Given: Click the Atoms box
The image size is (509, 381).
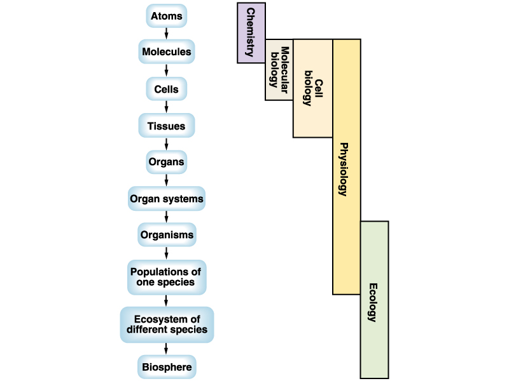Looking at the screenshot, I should click(166, 15).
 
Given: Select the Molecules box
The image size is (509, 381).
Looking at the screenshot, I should click(166, 51).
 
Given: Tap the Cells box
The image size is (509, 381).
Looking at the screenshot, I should click(166, 89).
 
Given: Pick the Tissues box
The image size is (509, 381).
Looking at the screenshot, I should click(166, 126).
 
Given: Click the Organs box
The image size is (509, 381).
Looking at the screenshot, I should click(166, 161).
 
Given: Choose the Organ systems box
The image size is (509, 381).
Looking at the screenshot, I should click(166, 198).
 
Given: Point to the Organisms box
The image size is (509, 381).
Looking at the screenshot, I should click(166, 235).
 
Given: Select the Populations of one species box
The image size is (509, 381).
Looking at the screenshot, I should click(166, 277).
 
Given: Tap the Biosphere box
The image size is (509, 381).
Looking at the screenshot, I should click(166, 366).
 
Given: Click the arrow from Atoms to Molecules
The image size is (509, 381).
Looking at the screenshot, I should click(166, 33).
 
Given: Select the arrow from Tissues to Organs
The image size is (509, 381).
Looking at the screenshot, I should click(166, 144).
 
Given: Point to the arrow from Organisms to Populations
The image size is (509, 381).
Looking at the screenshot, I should click(166, 253).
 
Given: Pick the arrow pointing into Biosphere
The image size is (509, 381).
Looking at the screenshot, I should click(166, 348).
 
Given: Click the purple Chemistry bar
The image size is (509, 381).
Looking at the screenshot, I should click(251, 33).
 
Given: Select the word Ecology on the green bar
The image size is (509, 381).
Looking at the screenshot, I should click(373, 302).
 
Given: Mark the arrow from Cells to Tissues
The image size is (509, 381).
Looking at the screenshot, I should click(166, 107).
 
